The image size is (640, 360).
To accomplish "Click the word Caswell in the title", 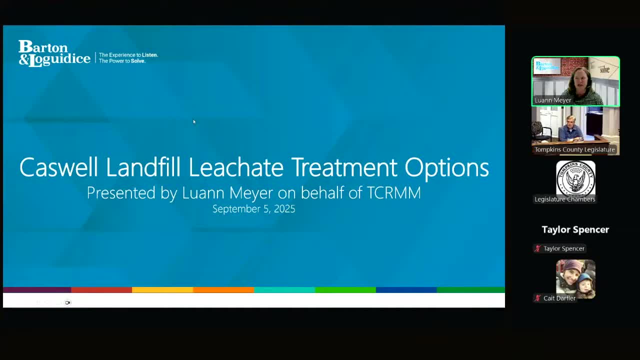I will tap(58, 167).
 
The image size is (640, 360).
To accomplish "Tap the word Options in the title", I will tap(446, 167).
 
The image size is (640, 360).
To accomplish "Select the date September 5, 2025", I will tap(253, 209).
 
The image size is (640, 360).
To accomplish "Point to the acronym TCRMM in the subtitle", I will tap(393, 193).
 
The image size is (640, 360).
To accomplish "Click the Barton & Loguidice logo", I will tap(54, 53).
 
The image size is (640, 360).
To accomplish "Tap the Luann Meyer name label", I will tap(552, 100).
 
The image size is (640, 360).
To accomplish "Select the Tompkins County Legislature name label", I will tap(574, 149).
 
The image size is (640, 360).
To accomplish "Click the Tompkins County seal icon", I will tap(575, 178).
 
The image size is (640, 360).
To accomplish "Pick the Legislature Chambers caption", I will tap(564, 199).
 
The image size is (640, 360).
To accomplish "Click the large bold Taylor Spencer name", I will tap(575, 229).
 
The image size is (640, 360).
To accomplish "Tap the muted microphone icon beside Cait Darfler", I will tap(537, 298).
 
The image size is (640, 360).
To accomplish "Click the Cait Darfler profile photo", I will tap(575, 278).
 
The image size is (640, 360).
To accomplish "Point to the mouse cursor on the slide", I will tap(194, 121).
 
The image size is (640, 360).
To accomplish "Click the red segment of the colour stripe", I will tap(101, 289).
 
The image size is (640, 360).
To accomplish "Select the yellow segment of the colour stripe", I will tap(162, 289).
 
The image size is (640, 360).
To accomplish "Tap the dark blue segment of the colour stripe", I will tap(406, 289).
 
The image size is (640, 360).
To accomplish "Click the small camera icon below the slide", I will tap(68, 302).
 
